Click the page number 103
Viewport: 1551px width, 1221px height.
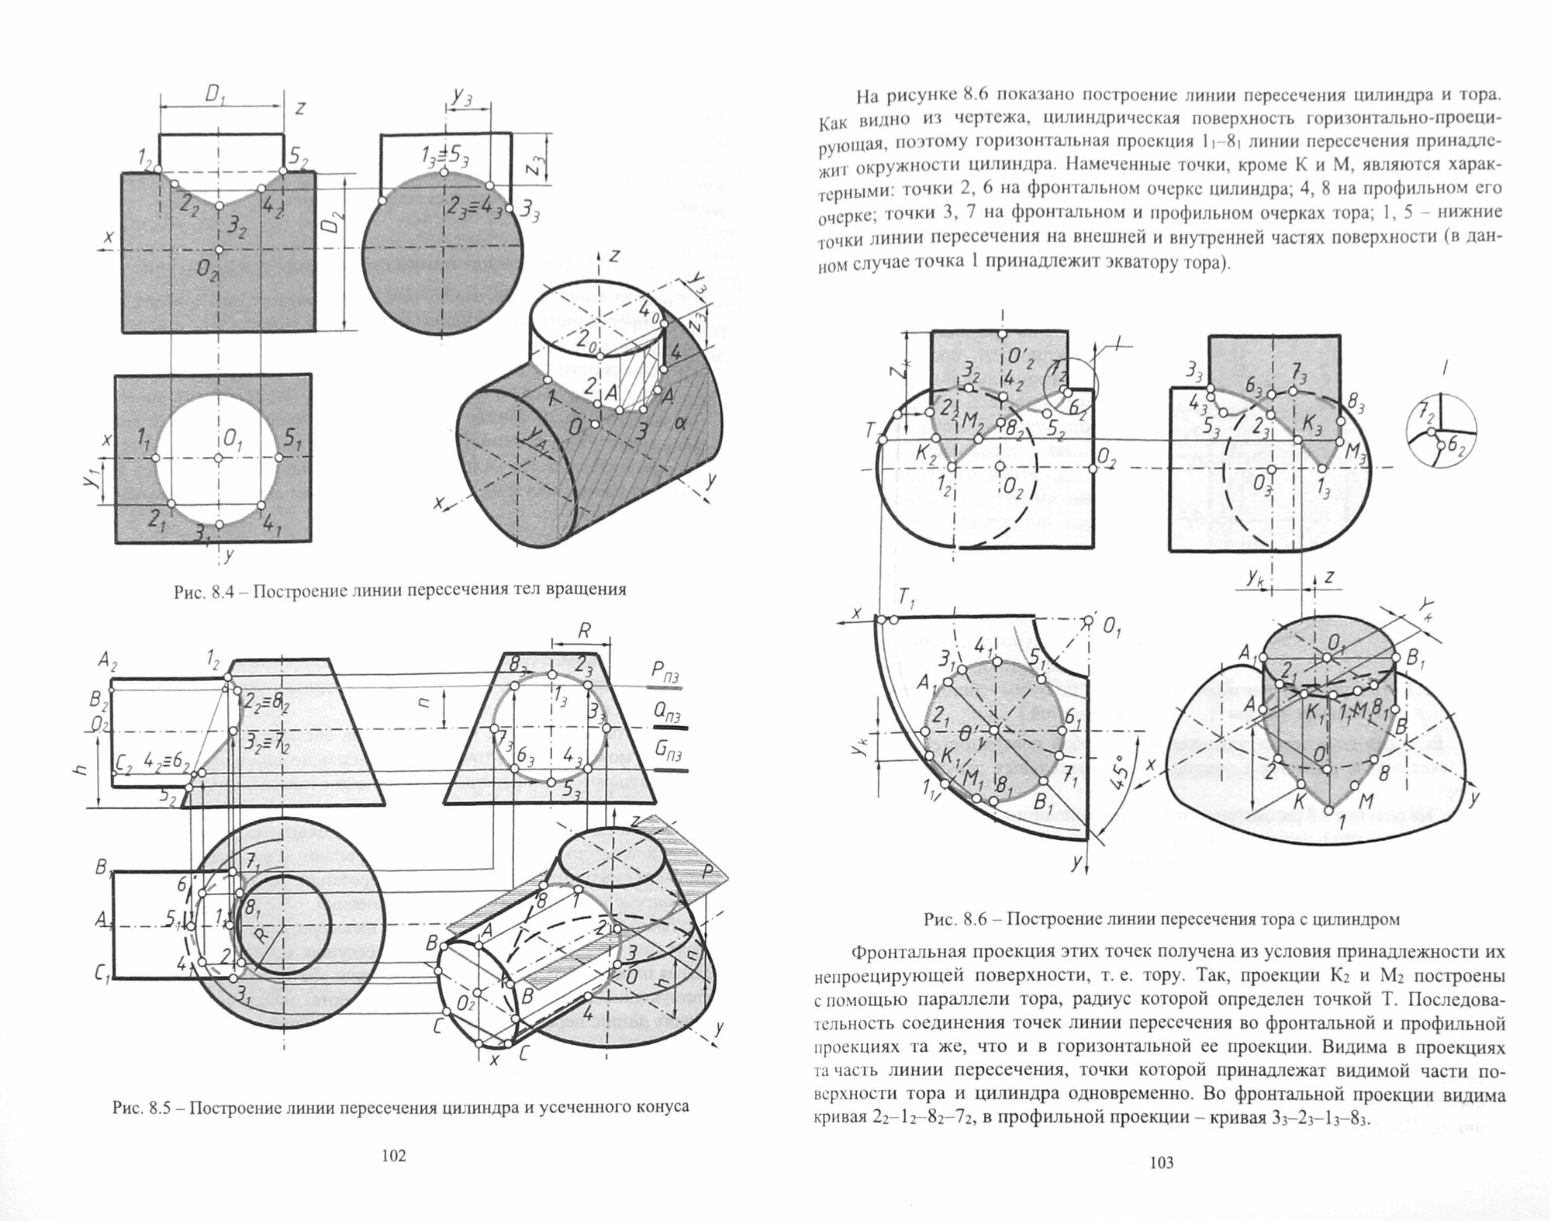pos(1161,1185)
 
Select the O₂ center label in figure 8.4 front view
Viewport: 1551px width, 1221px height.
pos(206,269)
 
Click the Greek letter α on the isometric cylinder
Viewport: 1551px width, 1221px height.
pos(681,423)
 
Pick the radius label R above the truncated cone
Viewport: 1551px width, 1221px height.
pos(584,631)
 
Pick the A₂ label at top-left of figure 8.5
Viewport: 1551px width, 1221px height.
pos(108,661)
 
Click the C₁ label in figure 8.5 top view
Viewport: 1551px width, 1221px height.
pos(102,978)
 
